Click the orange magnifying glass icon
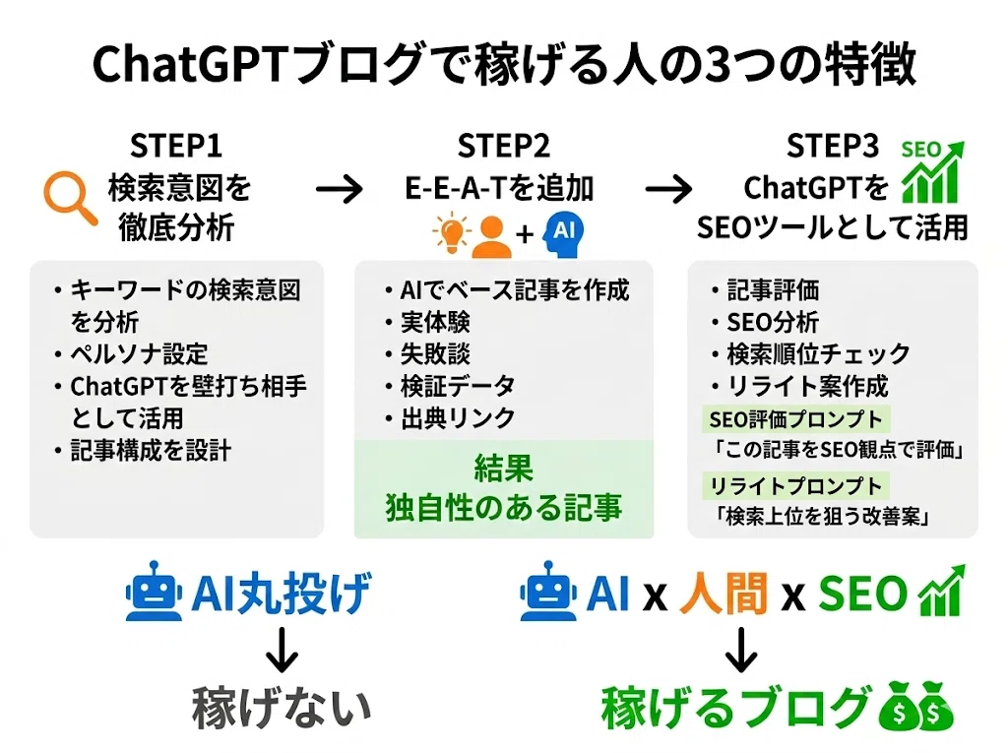click(70, 198)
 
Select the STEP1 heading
click(176, 146)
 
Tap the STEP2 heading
click(503, 146)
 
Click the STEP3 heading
click(833, 146)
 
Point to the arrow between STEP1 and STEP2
click(339, 189)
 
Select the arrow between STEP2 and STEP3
click(668, 189)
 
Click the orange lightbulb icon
click(452, 232)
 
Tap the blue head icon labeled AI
click(563, 234)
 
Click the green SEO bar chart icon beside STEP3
click(933, 171)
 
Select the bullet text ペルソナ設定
click(139, 353)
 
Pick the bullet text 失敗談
click(435, 353)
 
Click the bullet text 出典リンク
click(458, 418)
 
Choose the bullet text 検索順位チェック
click(818, 353)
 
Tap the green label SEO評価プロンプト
click(795, 419)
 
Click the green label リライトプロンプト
click(795, 486)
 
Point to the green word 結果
click(503, 468)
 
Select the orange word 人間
click(723, 593)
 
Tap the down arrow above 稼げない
click(282, 650)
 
